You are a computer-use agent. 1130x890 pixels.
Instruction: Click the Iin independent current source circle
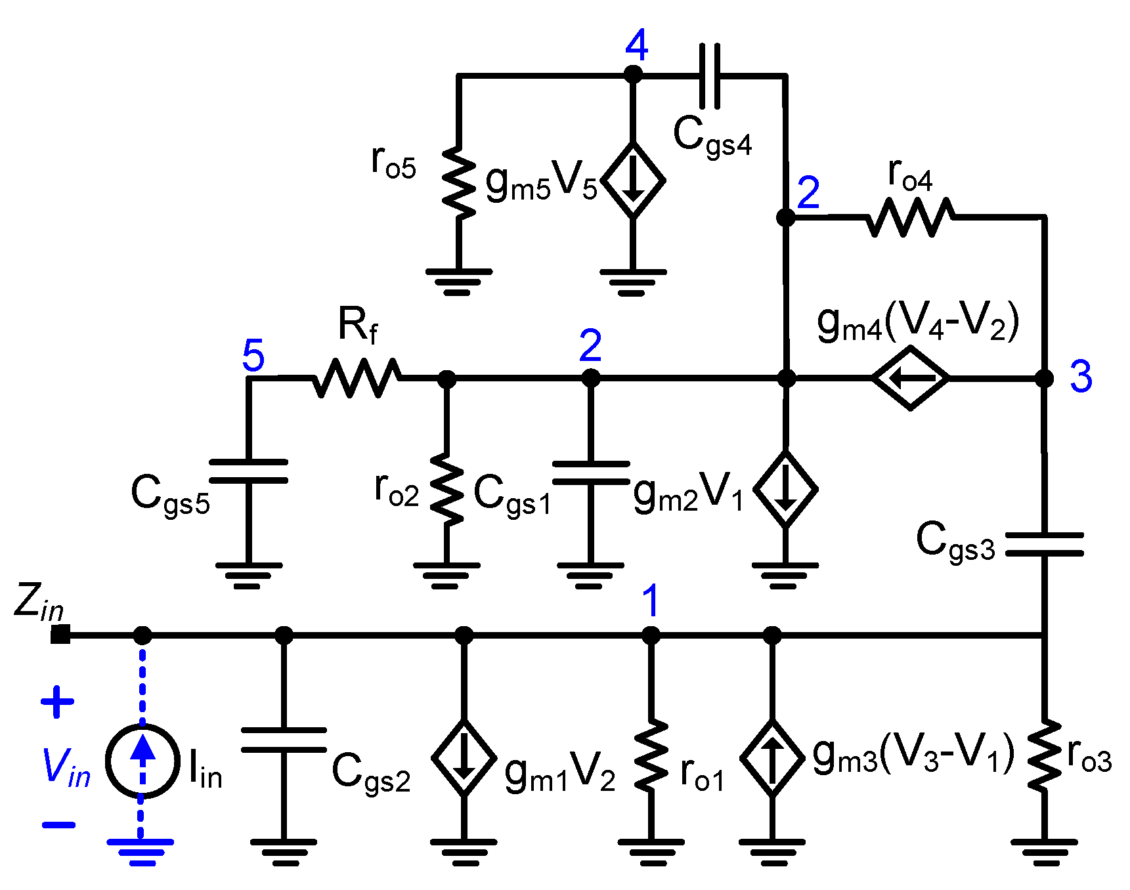click(142, 761)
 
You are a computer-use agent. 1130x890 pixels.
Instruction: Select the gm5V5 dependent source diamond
click(633, 180)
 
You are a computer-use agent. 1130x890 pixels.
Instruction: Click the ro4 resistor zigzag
click(911, 217)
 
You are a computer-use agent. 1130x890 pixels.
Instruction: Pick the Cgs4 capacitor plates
click(710, 76)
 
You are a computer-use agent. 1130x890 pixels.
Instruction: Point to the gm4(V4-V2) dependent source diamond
click(911, 378)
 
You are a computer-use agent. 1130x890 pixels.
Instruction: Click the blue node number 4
click(636, 45)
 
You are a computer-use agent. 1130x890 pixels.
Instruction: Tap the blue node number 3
click(1081, 377)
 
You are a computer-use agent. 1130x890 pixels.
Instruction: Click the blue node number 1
click(650, 601)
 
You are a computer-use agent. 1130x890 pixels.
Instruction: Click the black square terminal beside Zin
click(60, 635)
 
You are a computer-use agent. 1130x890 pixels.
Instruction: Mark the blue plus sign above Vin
click(58, 702)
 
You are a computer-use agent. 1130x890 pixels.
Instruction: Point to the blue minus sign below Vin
click(58, 825)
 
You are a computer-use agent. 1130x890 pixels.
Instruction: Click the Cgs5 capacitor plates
click(248, 471)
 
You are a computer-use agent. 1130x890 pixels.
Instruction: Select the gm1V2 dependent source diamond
click(464, 757)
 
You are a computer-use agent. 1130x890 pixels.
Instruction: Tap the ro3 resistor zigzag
click(1043, 756)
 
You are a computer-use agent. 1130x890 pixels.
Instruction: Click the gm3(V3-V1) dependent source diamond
click(772, 757)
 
